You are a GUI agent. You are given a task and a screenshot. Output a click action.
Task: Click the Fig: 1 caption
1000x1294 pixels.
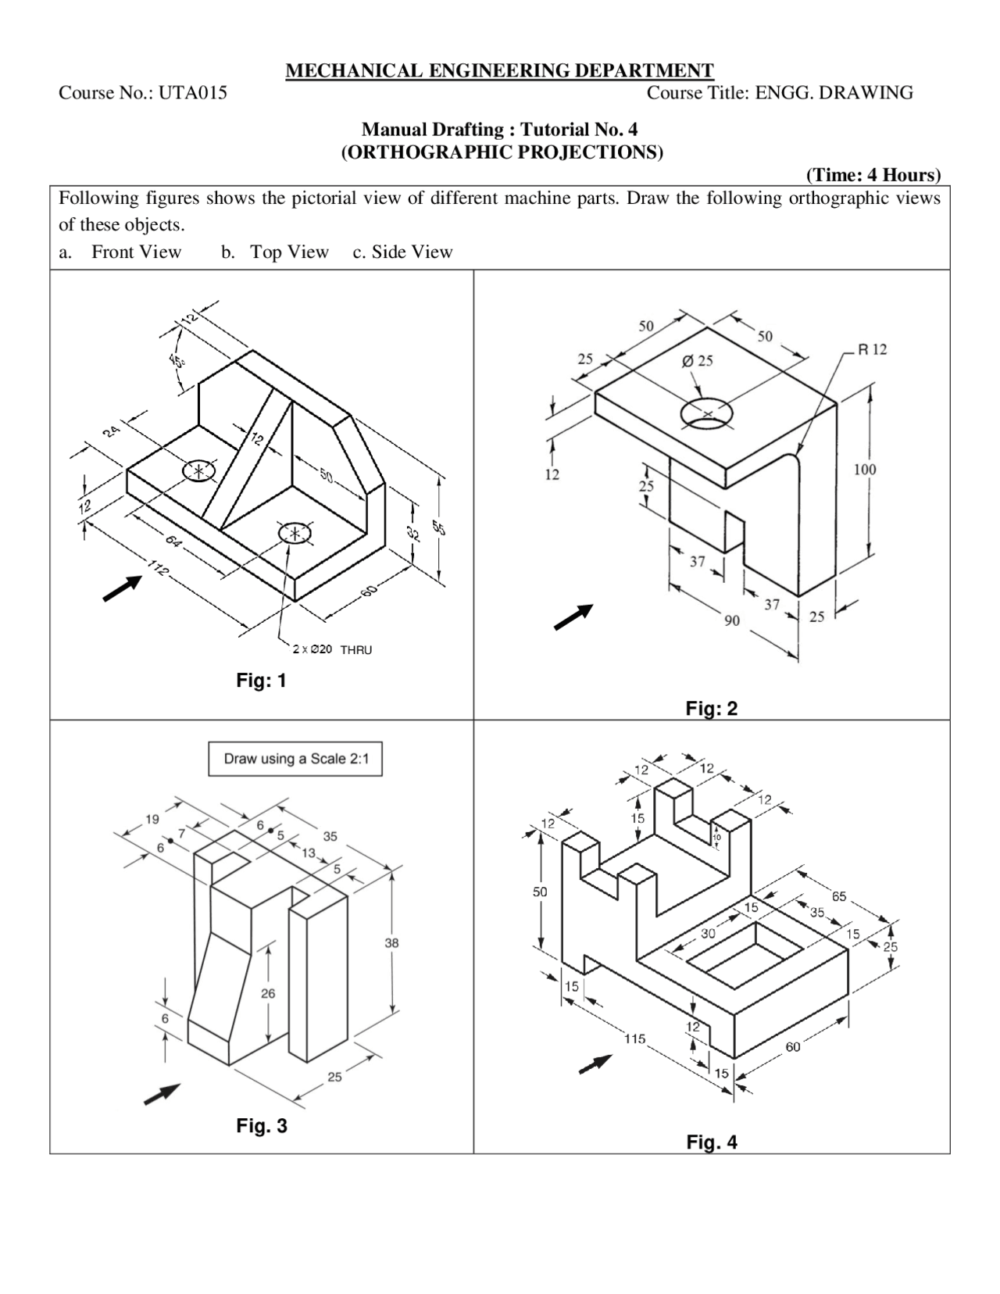[261, 681]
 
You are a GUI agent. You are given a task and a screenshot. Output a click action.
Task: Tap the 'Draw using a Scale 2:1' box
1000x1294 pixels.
[295, 759]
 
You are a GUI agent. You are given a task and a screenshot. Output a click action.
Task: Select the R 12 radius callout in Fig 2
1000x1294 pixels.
[872, 349]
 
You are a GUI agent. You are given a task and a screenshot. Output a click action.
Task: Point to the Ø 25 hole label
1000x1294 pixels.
[697, 361]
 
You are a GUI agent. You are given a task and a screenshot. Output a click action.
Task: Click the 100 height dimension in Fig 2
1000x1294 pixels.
[865, 470]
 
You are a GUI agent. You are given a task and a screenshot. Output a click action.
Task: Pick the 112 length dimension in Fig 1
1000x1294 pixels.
[158, 570]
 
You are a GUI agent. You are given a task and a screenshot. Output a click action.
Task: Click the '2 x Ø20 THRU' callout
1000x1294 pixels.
[332, 649]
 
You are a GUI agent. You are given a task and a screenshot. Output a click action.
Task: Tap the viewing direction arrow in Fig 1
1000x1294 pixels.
[122, 588]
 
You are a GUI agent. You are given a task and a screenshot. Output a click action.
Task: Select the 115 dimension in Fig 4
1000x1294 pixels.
[634, 1038]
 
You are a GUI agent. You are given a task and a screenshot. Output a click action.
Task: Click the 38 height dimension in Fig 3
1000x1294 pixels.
[391, 943]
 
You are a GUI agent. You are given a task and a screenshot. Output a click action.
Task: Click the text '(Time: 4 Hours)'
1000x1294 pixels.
[873, 174]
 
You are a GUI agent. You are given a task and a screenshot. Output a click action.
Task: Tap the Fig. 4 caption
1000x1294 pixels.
[712, 1142]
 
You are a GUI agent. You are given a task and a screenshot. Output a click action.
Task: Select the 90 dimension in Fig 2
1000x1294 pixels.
[732, 620]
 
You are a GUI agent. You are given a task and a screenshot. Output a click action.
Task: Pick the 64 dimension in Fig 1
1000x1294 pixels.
[173, 541]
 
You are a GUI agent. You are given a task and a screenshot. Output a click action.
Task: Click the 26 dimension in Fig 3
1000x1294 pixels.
[268, 994]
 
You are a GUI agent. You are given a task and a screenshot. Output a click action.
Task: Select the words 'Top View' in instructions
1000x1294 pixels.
[289, 252]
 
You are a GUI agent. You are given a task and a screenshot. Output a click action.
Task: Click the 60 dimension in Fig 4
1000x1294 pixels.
[793, 1046]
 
